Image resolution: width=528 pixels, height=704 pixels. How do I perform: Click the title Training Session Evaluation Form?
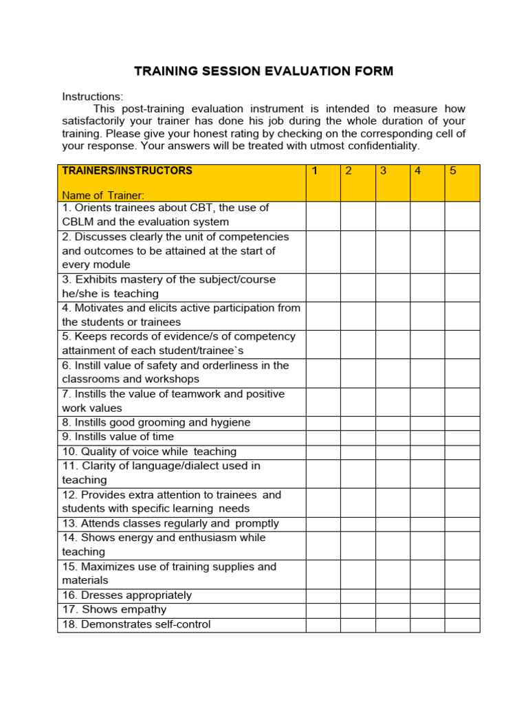point(263,71)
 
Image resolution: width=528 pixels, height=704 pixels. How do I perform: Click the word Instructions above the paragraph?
point(92,97)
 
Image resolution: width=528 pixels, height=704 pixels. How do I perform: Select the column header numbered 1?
point(314,171)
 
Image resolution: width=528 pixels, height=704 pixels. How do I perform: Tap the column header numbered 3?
point(383,171)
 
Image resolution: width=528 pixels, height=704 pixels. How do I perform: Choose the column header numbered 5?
point(453,171)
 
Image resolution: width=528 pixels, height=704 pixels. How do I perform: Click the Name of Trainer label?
point(103,195)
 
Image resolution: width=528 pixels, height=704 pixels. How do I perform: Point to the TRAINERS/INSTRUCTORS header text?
point(127,170)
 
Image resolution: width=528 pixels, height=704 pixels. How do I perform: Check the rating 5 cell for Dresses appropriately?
point(462,595)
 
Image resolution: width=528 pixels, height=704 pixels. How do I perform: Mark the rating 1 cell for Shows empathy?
point(323,610)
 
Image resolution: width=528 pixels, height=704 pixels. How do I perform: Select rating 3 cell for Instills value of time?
point(393,437)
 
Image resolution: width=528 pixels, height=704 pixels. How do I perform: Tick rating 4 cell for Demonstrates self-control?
point(428,624)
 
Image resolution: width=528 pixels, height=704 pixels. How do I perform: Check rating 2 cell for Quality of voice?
point(358,452)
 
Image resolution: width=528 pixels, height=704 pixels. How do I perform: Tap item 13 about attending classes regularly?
point(170,523)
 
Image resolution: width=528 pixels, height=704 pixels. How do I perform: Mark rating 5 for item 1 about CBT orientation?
point(462,215)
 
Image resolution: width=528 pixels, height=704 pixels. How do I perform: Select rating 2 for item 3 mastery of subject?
point(358,287)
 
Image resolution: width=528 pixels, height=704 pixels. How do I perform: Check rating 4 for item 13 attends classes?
point(428,523)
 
